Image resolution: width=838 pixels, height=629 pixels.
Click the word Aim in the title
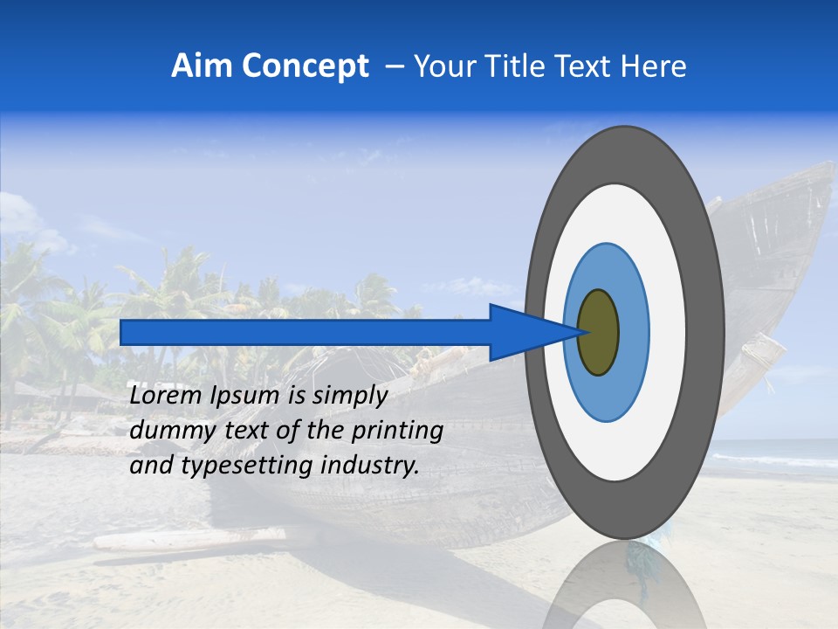pyautogui.click(x=202, y=66)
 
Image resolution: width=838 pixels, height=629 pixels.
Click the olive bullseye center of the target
pyautogui.click(x=598, y=332)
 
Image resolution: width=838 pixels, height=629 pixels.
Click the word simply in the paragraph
pyautogui.click(x=347, y=397)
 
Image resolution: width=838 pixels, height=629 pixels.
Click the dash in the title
pyautogui.click(x=395, y=66)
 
